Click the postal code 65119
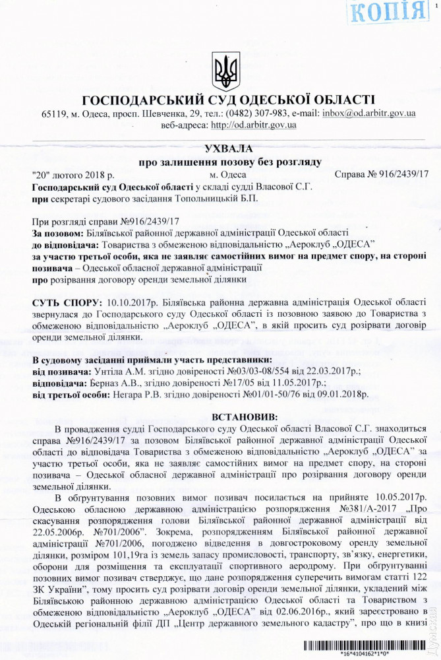click(54, 114)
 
